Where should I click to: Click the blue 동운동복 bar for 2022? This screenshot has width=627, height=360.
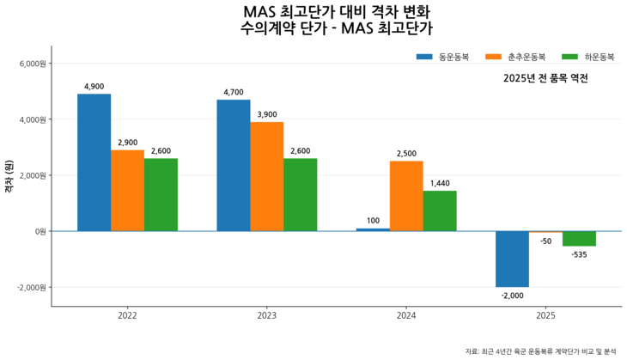click(94, 162)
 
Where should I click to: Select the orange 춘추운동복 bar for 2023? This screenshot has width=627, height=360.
click(266, 176)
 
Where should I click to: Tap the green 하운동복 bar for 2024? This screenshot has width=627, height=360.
click(439, 211)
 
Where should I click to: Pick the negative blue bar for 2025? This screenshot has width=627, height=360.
click(511, 259)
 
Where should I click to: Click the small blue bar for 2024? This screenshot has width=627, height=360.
click(372, 229)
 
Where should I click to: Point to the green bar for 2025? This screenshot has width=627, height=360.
click(578, 239)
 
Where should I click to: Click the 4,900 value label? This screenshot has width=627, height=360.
click(94, 87)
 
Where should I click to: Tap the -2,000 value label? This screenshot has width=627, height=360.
click(511, 296)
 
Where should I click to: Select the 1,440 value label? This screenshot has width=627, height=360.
click(439, 184)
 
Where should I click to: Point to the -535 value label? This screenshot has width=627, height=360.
click(578, 254)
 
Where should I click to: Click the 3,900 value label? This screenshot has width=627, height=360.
click(266, 115)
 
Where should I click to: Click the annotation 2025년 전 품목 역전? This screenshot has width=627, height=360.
click(545, 78)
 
